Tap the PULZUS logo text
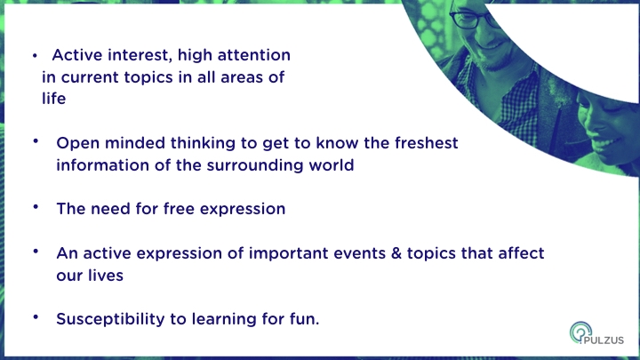click(604, 340)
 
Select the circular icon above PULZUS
click(580, 332)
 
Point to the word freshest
click(426, 143)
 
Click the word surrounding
click(255, 165)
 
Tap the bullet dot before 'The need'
click(36, 206)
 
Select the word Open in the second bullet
click(78, 144)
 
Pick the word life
click(54, 99)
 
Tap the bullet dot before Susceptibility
click(36, 316)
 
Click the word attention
click(254, 55)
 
